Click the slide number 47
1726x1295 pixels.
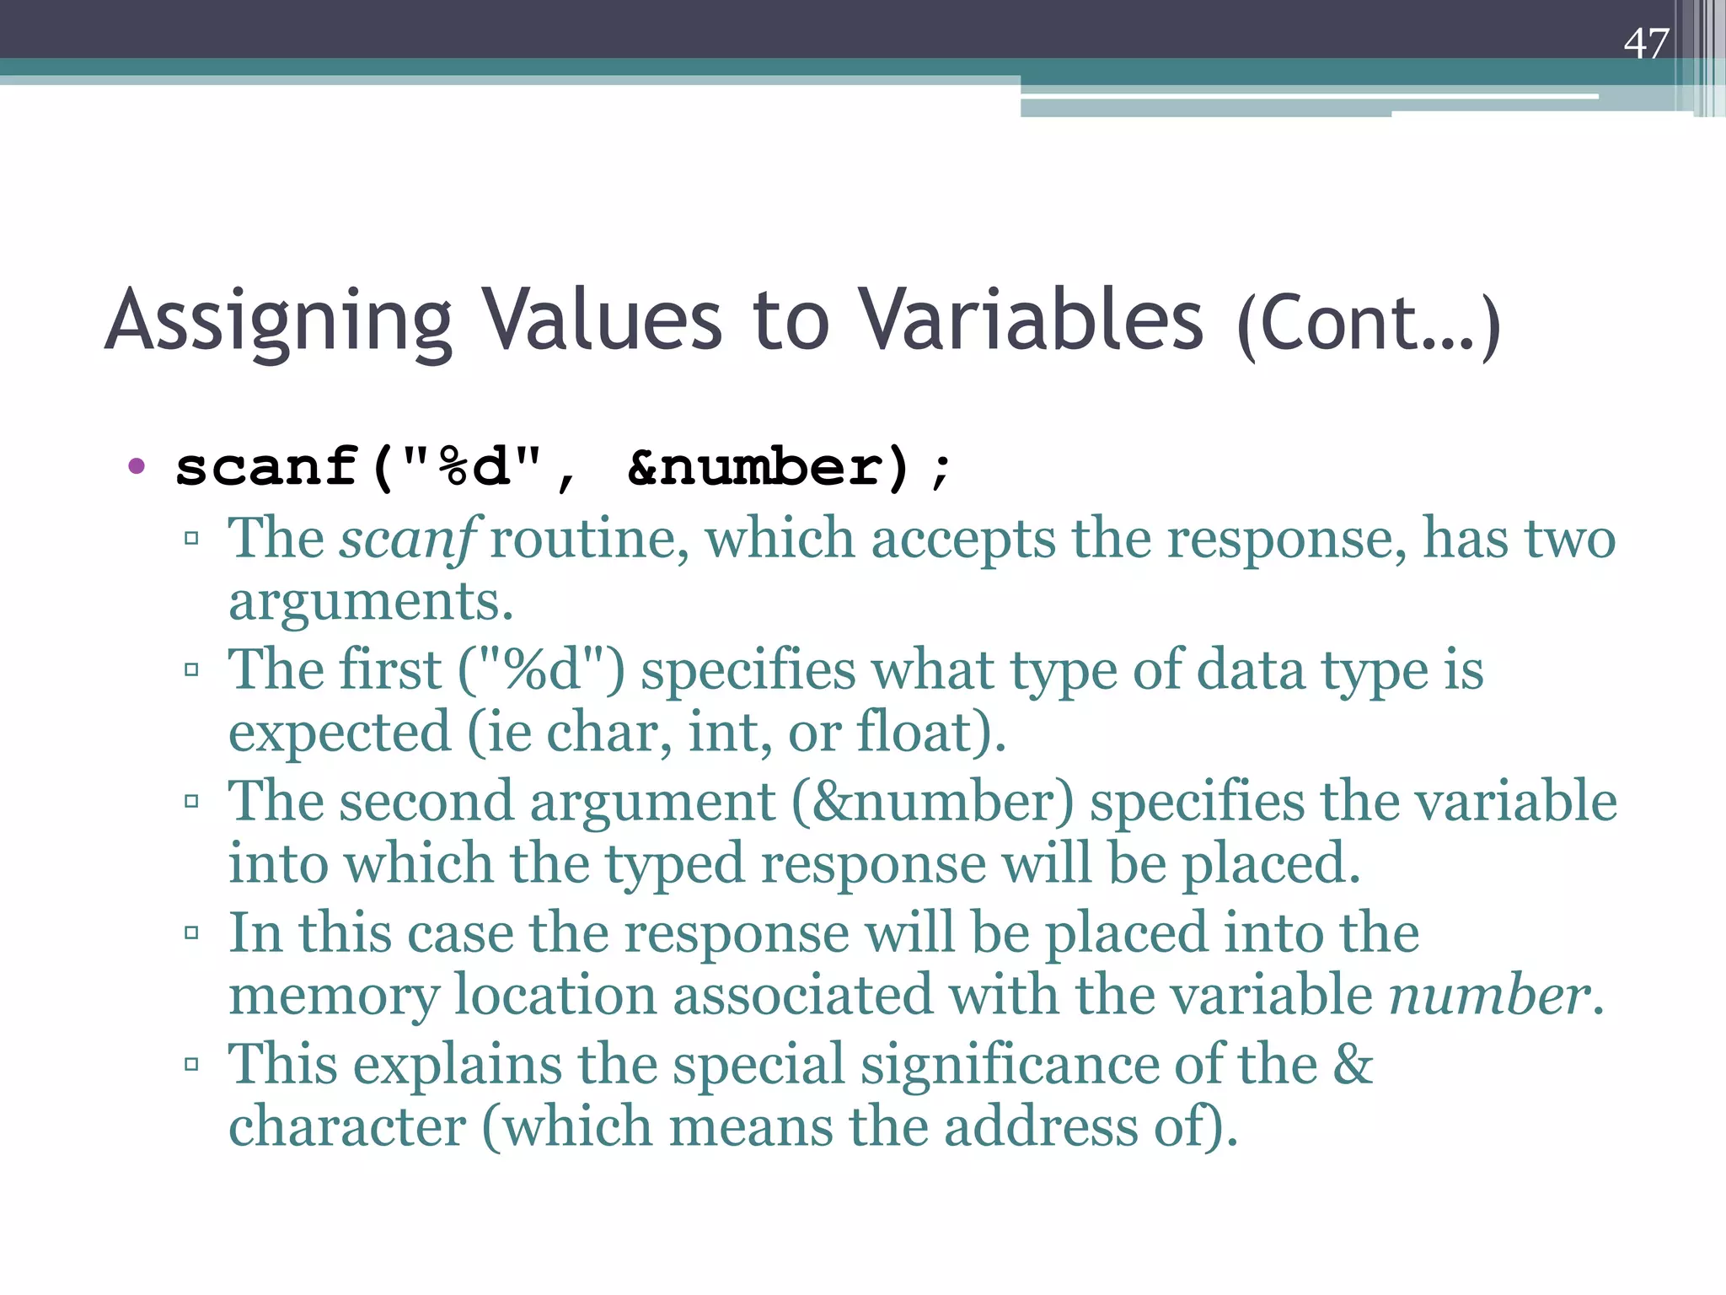point(1645,44)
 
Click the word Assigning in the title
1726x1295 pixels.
point(279,321)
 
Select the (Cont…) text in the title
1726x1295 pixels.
point(1369,325)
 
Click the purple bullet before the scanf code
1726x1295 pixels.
point(137,465)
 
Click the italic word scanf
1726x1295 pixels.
point(410,539)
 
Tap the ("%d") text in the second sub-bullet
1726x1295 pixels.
point(541,670)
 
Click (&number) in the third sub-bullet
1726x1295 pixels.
point(933,801)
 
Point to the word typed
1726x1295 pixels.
point(676,865)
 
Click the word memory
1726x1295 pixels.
point(334,997)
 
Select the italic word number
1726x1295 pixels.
point(1489,995)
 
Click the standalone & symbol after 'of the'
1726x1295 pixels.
point(1353,1064)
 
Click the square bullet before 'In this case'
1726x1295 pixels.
point(191,932)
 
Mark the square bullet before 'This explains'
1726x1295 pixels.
point(191,1064)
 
